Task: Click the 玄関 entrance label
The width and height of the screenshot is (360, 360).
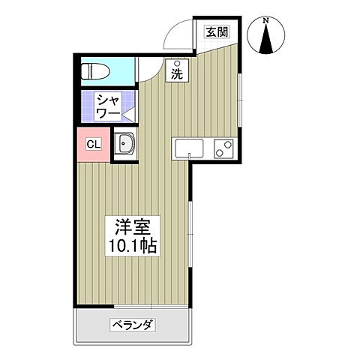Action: click(x=217, y=31)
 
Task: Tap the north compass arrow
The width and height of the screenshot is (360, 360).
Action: click(x=269, y=38)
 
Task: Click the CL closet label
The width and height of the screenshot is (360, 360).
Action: click(x=93, y=144)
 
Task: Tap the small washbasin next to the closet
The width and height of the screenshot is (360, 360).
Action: click(x=125, y=145)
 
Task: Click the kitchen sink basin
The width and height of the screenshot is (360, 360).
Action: click(x=189, y=148)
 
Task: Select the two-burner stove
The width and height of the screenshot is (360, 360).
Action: click(x=223, y=148)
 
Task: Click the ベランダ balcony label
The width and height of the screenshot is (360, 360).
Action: click(x=133, y=325)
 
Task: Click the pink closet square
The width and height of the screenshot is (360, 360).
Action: click(x=93, y=144)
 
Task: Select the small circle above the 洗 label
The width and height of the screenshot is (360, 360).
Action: click(x=177, y=63)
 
